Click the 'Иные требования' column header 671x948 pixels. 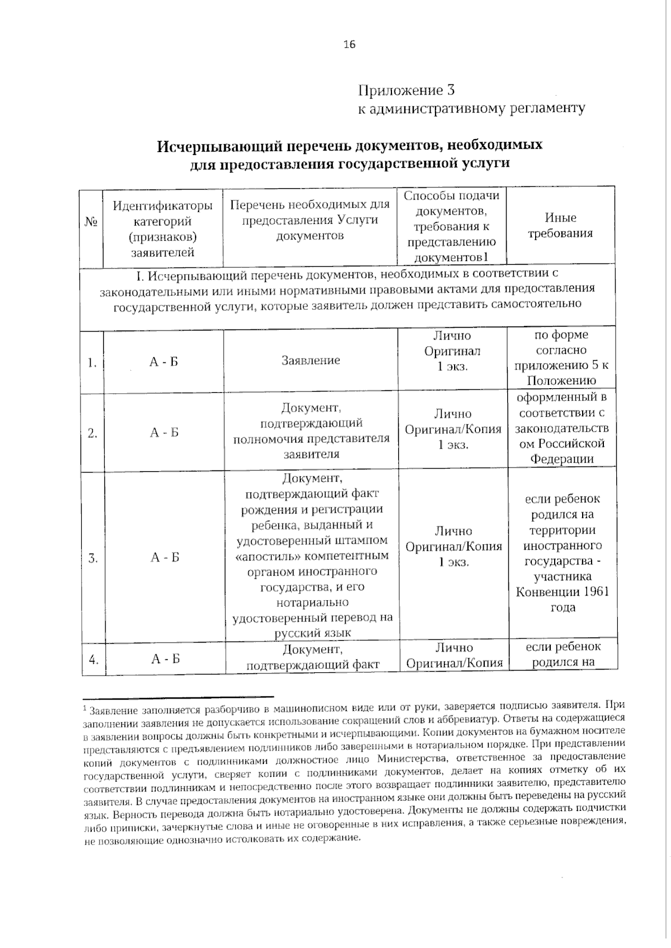560,225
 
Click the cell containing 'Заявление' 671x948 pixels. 310,360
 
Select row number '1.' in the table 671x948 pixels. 92,363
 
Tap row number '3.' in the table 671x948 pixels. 93,558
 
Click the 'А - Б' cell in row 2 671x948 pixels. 164,433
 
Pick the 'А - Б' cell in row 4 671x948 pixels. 166,659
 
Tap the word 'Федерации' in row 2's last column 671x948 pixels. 561,459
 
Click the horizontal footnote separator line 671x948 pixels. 178,697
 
